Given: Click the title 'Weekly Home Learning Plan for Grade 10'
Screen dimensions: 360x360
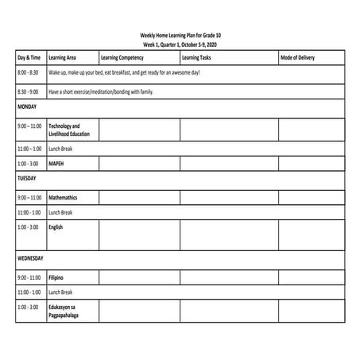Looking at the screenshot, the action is pos(180,35).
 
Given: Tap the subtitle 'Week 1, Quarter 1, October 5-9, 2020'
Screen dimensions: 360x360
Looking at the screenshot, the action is pos(180,45).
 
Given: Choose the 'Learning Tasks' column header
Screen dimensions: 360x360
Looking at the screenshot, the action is pos(196,58).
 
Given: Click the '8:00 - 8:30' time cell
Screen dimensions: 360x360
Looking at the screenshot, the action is pos(28,73).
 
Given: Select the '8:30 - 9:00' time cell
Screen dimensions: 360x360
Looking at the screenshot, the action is pos(28,92).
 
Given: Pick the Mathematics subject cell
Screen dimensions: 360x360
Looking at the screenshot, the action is pos(63,197).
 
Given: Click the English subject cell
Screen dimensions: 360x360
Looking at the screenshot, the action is pos(56,227).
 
